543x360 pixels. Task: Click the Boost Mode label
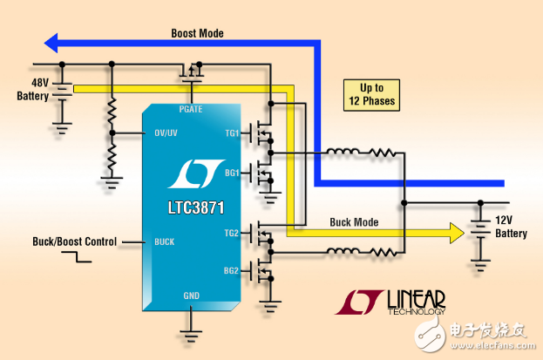(x=197, y=33)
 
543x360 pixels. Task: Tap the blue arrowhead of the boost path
(x=51, y=44)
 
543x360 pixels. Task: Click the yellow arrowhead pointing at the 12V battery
(x=457, y=233)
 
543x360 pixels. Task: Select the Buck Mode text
(x=354, y=222)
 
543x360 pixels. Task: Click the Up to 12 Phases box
(x=371, y=95)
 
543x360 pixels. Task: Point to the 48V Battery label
(x=33, y=90)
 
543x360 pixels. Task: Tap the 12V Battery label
(x=511, y=227)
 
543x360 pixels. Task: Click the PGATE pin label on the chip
(x=191, y=110)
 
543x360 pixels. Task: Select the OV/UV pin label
(x=166, y=132)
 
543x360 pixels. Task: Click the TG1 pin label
(x=232, y=133)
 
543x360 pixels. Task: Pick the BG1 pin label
(x=232, y=173)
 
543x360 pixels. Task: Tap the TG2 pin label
(x=231, y=233)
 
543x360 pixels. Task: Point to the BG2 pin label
(x=231, y=270)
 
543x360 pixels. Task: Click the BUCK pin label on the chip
(x=165, y=241)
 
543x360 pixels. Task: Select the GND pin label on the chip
(x=192, y=295)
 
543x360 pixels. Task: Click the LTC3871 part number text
(x=196, y=207)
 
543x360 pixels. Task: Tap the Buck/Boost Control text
(x=74, y=241)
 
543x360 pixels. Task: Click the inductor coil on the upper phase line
(x=343, y=152)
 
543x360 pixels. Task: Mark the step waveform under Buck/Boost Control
(x=77, y=257)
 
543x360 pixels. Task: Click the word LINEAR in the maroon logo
(x=417, y=299)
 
